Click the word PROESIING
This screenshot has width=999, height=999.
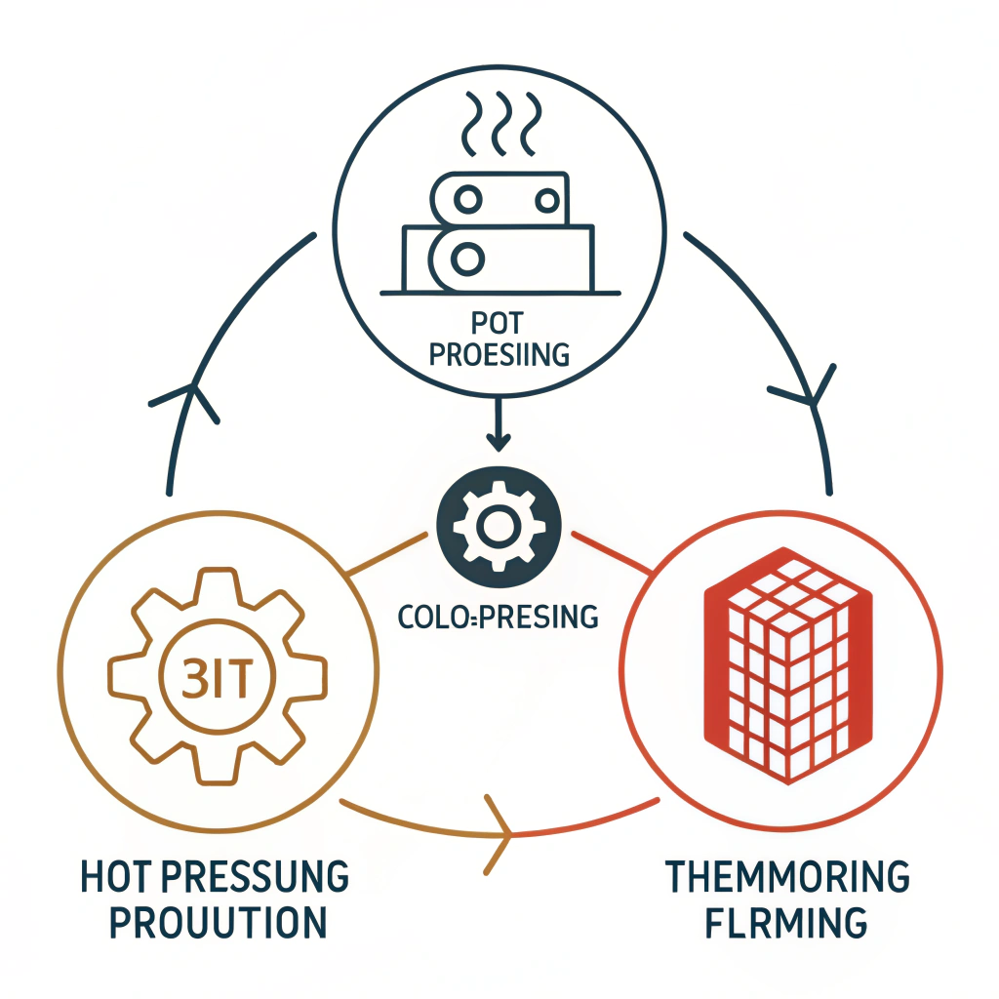(499, 354)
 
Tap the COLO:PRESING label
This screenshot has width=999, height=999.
(499, 616)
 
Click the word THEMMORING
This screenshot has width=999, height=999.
(786, 877)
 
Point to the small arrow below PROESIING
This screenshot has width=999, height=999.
(499, 424)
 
